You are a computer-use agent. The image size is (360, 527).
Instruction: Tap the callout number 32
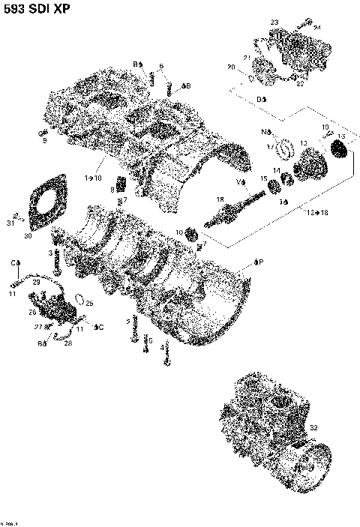pos(313,427)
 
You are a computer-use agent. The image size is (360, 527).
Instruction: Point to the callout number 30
pos(28,235)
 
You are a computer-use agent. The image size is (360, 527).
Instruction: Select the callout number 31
pos(10,223)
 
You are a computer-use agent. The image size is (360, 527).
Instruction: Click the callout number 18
pos(220,199)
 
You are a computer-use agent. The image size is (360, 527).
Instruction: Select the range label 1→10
pos(94,178)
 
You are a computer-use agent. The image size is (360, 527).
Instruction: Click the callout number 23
pos(274,22)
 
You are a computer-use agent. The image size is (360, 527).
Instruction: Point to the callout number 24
pos(317,27)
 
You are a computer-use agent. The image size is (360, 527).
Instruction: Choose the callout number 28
pos(67,343)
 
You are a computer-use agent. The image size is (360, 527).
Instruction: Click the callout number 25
pos(89,304)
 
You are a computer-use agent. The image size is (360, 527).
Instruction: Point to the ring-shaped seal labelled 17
pos(286,148)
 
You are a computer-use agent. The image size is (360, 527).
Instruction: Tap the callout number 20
pos(231,67)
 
